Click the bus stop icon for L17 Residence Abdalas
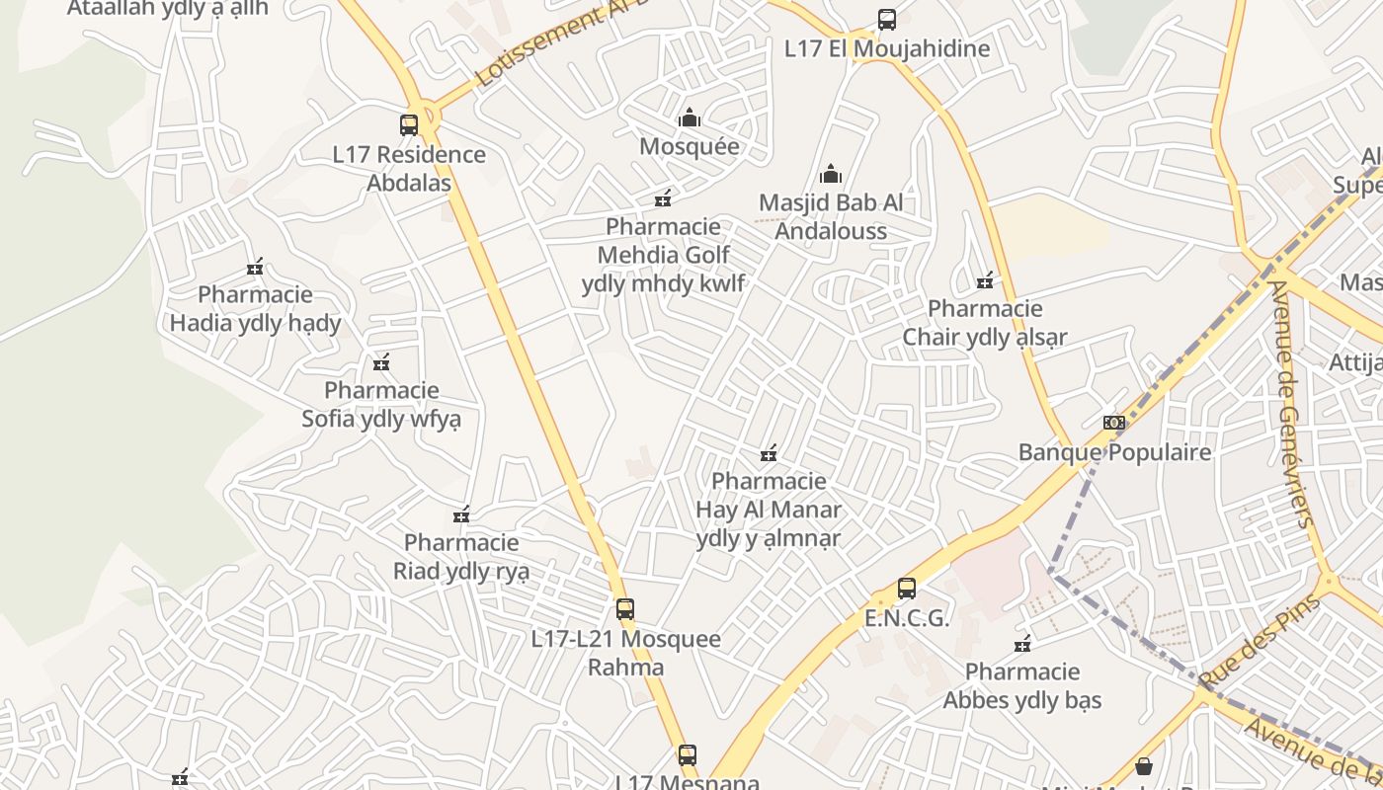pos(409,125)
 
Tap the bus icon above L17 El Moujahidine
pos(887,20)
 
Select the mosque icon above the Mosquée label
pos(690,118)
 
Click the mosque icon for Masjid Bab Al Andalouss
pos(831,174)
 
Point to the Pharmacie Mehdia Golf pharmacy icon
pos(663,198)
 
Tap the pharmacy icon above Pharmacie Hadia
pos(255,267)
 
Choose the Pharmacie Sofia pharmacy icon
pos(382,362)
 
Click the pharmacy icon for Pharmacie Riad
pos(461,514)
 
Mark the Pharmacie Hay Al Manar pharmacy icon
pos(769,453)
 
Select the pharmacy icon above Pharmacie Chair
pos(985,281)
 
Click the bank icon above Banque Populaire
pos(1114,423)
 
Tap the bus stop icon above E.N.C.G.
pos(907,589)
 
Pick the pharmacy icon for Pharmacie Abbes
pos(1022,645)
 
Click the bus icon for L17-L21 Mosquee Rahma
pos(625,609)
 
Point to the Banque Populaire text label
pos(1114,452)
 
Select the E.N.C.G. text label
pos(907,619)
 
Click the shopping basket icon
pos(1144,766)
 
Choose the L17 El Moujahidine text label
pos(887,48)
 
